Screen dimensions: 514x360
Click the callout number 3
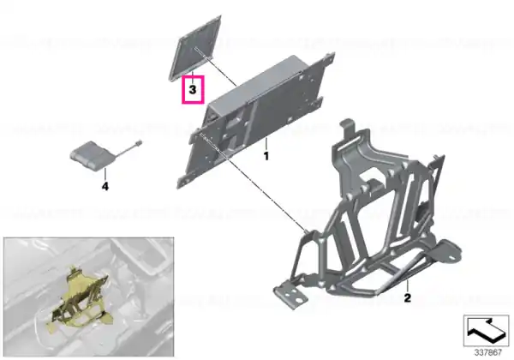click(193, 89)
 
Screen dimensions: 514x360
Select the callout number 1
click(266, 156)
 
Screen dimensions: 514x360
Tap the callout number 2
click(407, 297)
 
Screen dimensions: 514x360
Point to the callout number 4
click(105, 187)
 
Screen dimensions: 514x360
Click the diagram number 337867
click(488, 353)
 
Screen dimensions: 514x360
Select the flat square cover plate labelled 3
click(194, 47)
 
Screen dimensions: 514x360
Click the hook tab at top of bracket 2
click(348, 129)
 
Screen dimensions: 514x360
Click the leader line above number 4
click(105, 174)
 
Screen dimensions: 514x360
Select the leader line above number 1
click(266, 144)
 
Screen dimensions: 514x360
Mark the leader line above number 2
click(408, 286)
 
